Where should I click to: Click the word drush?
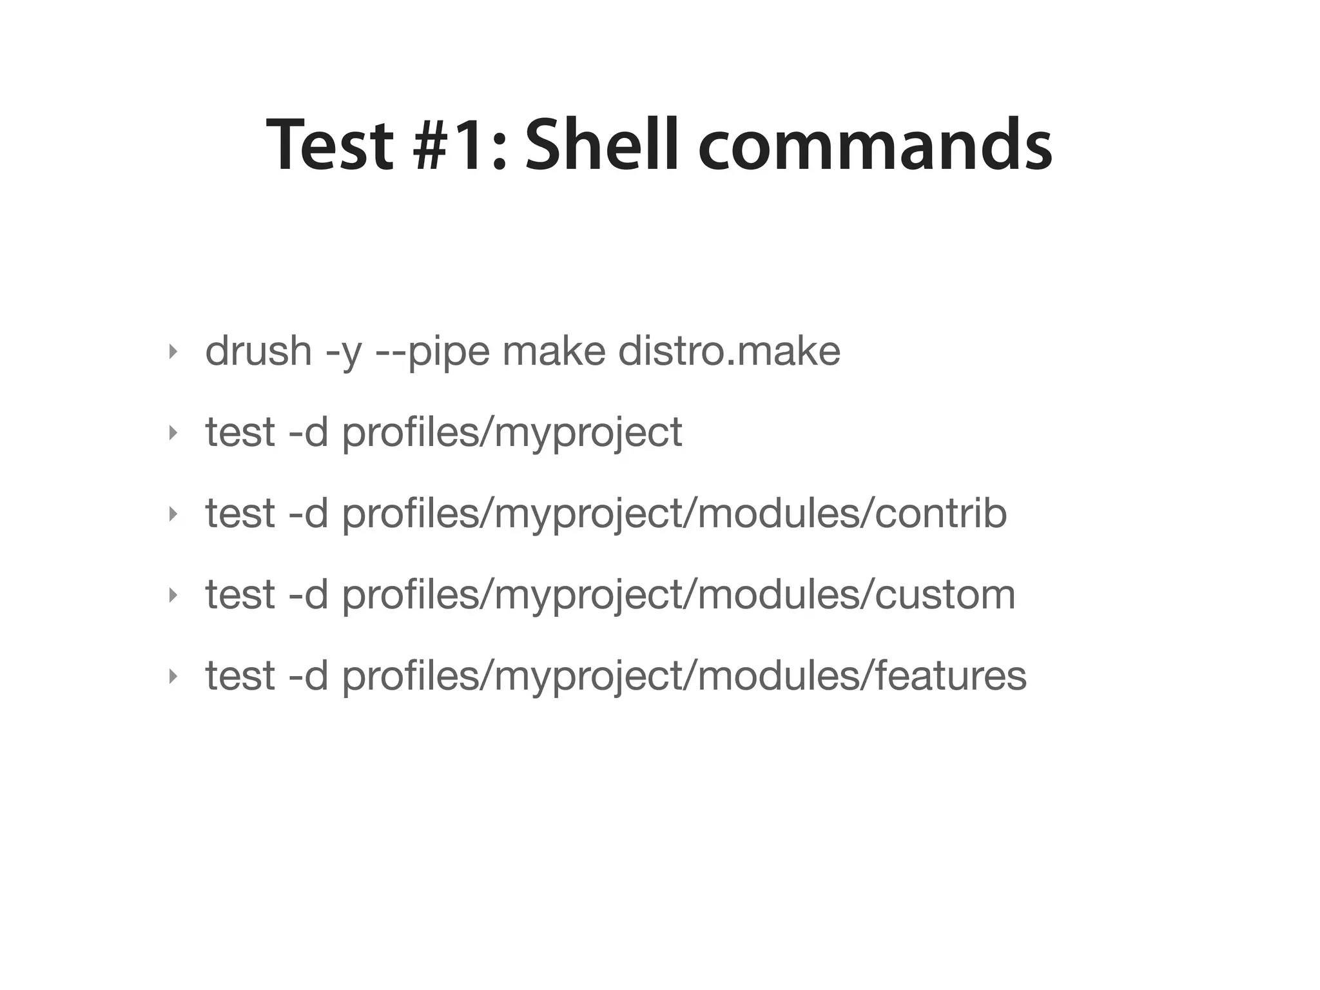click(x=258, y=351)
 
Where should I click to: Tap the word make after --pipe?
click(x=554, y=351)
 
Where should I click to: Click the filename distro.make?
click(x=729, y=351)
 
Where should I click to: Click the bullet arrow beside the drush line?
click(x=172, y=352)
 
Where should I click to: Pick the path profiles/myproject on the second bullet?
click(x=512, y=433)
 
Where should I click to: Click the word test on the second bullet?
click(x=240, y=432)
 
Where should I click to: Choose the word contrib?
click(x=940, y=514)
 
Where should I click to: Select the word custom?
click(x=945, y=595)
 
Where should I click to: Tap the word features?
click(x=951, y=676)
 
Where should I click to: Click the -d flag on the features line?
click(x=309, y=676)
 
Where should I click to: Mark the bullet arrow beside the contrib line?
click(x=172, y=514)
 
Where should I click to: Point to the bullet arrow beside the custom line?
click(x=172, y=596)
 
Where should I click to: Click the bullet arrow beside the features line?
click(x=172, y=677)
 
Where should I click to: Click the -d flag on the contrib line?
click(x=309, y=514)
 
